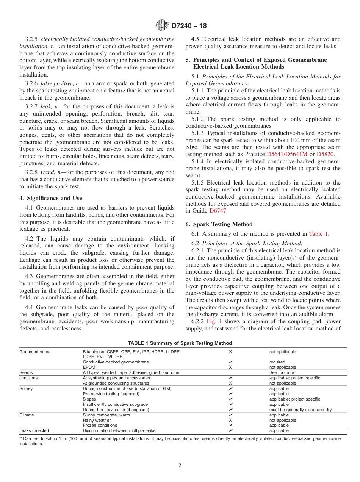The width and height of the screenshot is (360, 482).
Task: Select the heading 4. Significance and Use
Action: click(x=50, y=198)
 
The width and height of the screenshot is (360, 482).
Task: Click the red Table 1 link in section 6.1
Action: click(x=319, y=233)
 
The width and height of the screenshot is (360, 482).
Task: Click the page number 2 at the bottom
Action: click(x=180, y=466)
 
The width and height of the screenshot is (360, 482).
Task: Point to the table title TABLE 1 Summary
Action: click(x=180, y=343)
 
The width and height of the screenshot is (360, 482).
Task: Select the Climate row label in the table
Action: click(x=27, y=415)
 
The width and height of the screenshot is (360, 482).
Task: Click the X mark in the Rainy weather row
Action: click(x=230, y=420)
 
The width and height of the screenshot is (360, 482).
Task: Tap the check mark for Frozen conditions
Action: click(x=230, y=425)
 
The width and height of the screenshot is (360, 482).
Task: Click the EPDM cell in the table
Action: click(x=88, y=367)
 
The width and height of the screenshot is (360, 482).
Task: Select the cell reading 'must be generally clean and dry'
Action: click(x=300, y=410)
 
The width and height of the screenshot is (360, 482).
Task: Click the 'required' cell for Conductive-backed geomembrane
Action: click(x=277, y=362)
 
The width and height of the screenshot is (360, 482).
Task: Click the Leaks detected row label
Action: click(x=34, y=430)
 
